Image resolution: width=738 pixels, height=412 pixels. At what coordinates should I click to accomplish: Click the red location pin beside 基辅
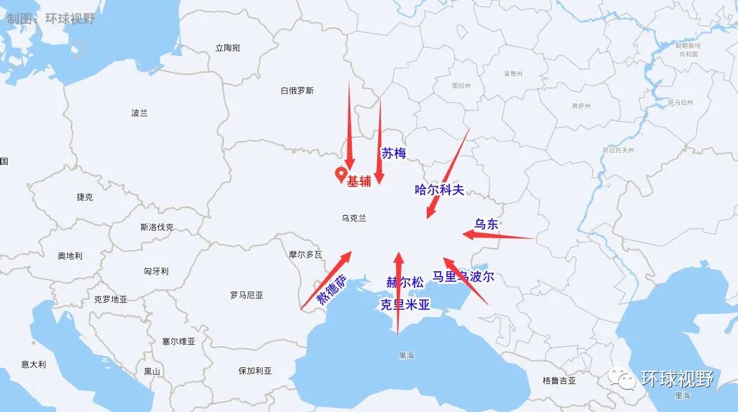point(341,174)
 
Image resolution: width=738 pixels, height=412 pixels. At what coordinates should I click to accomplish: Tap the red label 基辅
point(359,181)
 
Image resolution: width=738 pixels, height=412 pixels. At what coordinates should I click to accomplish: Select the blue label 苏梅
point(394,153)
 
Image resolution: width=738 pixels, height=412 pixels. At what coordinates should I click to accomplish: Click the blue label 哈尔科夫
point(440,189)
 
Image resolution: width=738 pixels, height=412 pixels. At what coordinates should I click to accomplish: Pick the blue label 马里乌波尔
point(463,277)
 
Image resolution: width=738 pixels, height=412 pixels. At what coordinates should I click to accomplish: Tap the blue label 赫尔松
point(405,282)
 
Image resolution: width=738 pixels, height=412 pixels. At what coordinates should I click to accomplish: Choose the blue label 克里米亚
point(404,305)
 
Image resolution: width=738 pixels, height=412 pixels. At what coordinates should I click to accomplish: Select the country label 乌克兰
point(354,218)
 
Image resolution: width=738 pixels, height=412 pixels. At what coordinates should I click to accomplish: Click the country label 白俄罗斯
point(297,90)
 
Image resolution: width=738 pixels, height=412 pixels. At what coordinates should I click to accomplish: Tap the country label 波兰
point(139,113)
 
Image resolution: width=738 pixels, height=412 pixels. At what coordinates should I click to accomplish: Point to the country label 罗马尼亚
point(247,295)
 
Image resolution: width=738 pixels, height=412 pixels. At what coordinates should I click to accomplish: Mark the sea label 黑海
point(406,355)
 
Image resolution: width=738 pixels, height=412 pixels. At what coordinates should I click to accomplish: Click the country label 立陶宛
point(228,48)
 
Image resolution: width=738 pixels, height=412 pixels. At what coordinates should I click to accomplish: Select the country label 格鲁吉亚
point(559,380)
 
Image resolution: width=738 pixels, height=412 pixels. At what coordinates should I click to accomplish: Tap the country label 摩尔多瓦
point(306,254)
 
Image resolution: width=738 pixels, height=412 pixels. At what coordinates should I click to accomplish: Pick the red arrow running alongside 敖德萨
point(326,280)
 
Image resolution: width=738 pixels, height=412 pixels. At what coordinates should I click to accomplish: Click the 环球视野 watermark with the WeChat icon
point(662,379)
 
